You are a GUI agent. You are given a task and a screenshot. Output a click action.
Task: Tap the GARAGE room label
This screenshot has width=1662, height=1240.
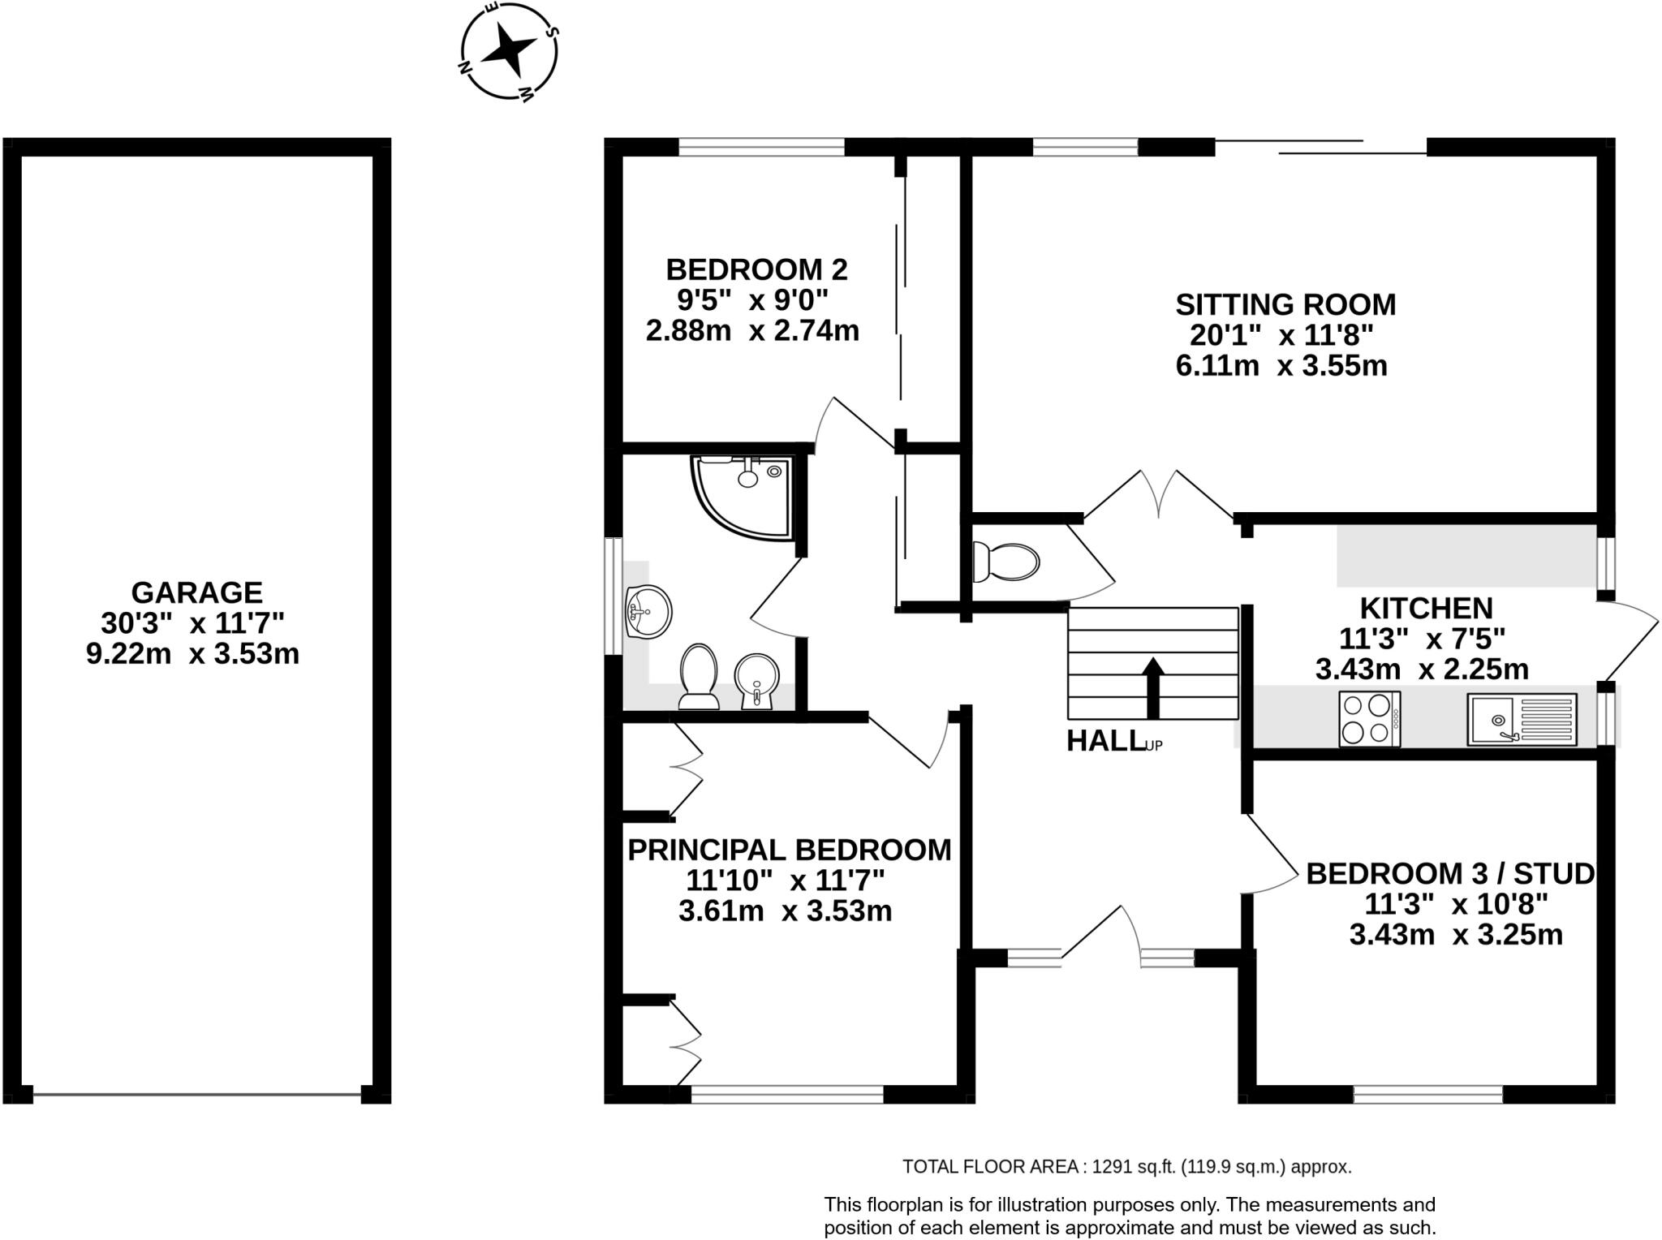[x=196, y=592]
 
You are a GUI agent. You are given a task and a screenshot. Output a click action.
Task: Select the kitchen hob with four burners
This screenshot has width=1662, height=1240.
[x=1370, y=718]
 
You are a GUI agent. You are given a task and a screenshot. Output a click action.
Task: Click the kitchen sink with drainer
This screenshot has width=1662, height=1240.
[x=1522, y=719]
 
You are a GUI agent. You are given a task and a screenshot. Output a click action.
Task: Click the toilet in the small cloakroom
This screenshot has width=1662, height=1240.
[x=1006, y=562]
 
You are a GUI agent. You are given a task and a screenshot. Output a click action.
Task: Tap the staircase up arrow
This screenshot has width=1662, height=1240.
[x=1153, y=687]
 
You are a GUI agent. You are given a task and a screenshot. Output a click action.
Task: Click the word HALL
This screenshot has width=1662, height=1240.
[x=1104, y=741]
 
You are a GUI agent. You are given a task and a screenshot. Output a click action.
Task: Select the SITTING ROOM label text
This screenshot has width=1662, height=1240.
[x=1285, y=305]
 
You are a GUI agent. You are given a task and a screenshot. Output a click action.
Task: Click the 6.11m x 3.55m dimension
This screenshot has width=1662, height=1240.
[x=1281, y=366]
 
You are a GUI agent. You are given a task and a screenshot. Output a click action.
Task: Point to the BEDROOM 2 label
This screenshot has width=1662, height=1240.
[x=756, y=269]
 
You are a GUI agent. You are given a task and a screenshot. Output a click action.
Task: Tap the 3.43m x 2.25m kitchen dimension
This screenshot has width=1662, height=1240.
[x=1422, y=670]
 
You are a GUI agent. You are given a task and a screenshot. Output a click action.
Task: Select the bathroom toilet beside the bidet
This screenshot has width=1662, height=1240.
[x=699, y=676]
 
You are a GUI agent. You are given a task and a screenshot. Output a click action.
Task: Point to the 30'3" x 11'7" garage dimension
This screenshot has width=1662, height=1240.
[x=192, y=623]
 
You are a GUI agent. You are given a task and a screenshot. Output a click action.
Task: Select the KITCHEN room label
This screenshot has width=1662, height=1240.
[x=1426, y=609]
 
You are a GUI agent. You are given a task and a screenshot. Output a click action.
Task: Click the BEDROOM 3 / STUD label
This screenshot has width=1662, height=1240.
[x=1450, y=874]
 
